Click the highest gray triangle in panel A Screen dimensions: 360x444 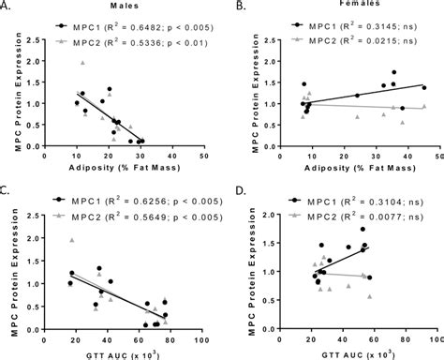click(x=83, y=63)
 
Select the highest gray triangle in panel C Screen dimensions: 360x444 click(x=71, y=240)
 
